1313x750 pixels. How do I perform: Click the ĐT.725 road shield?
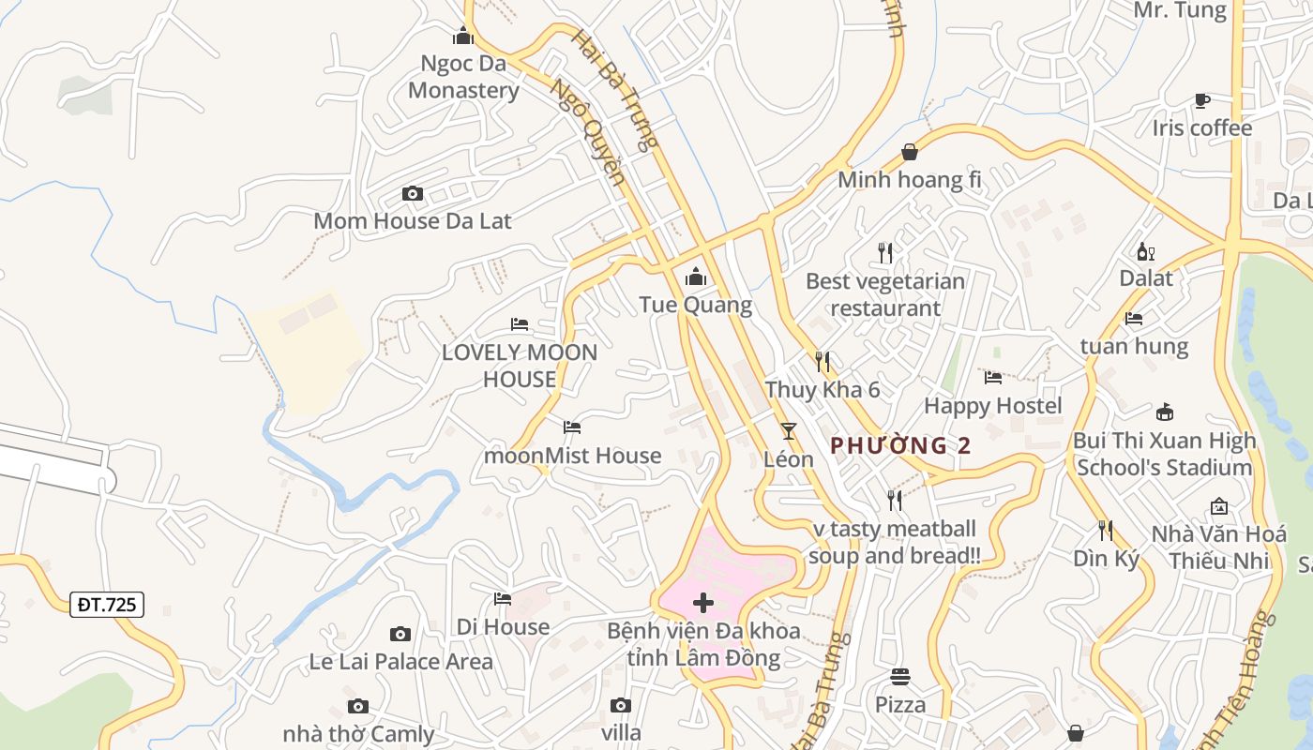click(x=107, y=605)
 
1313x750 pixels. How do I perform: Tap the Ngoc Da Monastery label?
click(x=463, y=77)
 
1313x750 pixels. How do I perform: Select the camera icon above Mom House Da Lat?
click(x=412, y=194)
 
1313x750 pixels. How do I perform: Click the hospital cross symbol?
click(x=703, y=603)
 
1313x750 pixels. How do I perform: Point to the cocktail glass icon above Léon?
click(x=788, y=431)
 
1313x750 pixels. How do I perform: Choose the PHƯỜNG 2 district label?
click(x=900, y=445)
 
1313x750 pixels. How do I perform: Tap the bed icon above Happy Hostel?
click(x=993, y=378)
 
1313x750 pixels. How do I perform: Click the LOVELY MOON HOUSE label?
click(x=520, y=366)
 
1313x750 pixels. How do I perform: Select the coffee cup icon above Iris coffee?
click(x=1201, y=100)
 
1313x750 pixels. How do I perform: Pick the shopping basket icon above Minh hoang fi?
click(x=909, y=152)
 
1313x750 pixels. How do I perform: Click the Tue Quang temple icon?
click(x=696, y=277)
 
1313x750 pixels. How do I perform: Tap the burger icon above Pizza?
click(x=900, y=676)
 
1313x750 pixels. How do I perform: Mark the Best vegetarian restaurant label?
click(x=885, y=294)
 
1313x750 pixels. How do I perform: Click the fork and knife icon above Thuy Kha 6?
click(x=822, y=361)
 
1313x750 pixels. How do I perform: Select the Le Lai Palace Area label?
click(x=400, y=662)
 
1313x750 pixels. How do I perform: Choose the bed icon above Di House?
click(x=503, y=598)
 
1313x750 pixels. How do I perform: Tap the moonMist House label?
click(x=572, y=456)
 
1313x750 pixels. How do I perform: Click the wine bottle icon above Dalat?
click(x=1145, y=251)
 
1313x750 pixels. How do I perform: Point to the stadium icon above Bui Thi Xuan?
click(x=1164, y=412)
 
